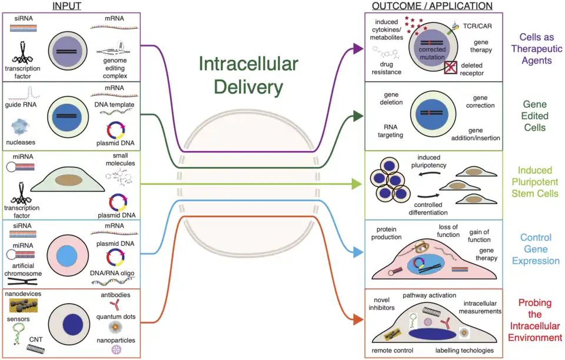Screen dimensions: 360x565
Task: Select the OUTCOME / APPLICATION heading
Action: (432, 6)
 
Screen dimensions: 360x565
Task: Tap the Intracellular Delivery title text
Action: (248, 76)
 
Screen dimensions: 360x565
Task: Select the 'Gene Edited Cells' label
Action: (534, 116)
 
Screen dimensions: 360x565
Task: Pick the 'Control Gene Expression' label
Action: (535, 249)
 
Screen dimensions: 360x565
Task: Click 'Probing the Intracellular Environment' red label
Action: (534, 320)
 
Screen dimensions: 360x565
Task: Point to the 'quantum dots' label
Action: (116, 316)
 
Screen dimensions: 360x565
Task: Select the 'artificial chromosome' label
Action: (24, 269)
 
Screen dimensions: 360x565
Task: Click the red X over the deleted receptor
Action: (451, 68)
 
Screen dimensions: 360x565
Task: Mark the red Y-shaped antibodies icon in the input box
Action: (115, 304)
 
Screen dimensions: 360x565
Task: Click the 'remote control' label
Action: (393, 351)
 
